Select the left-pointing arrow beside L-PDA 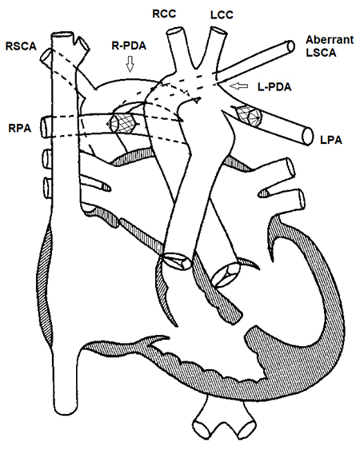pyautogui.click(x=238, y=84)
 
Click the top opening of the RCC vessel pyautogui.click(x=175, y=31)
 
